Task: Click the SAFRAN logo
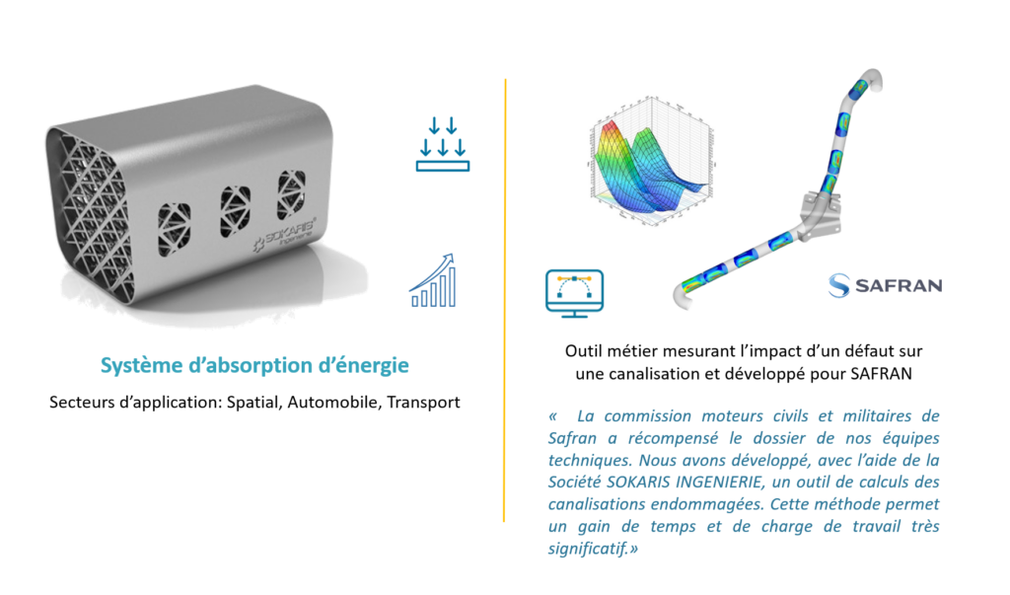tap(885, 285)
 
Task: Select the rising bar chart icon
tap(433, 280)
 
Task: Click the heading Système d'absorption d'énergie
tap(254, 365)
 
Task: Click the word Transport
tap(424, 404)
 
